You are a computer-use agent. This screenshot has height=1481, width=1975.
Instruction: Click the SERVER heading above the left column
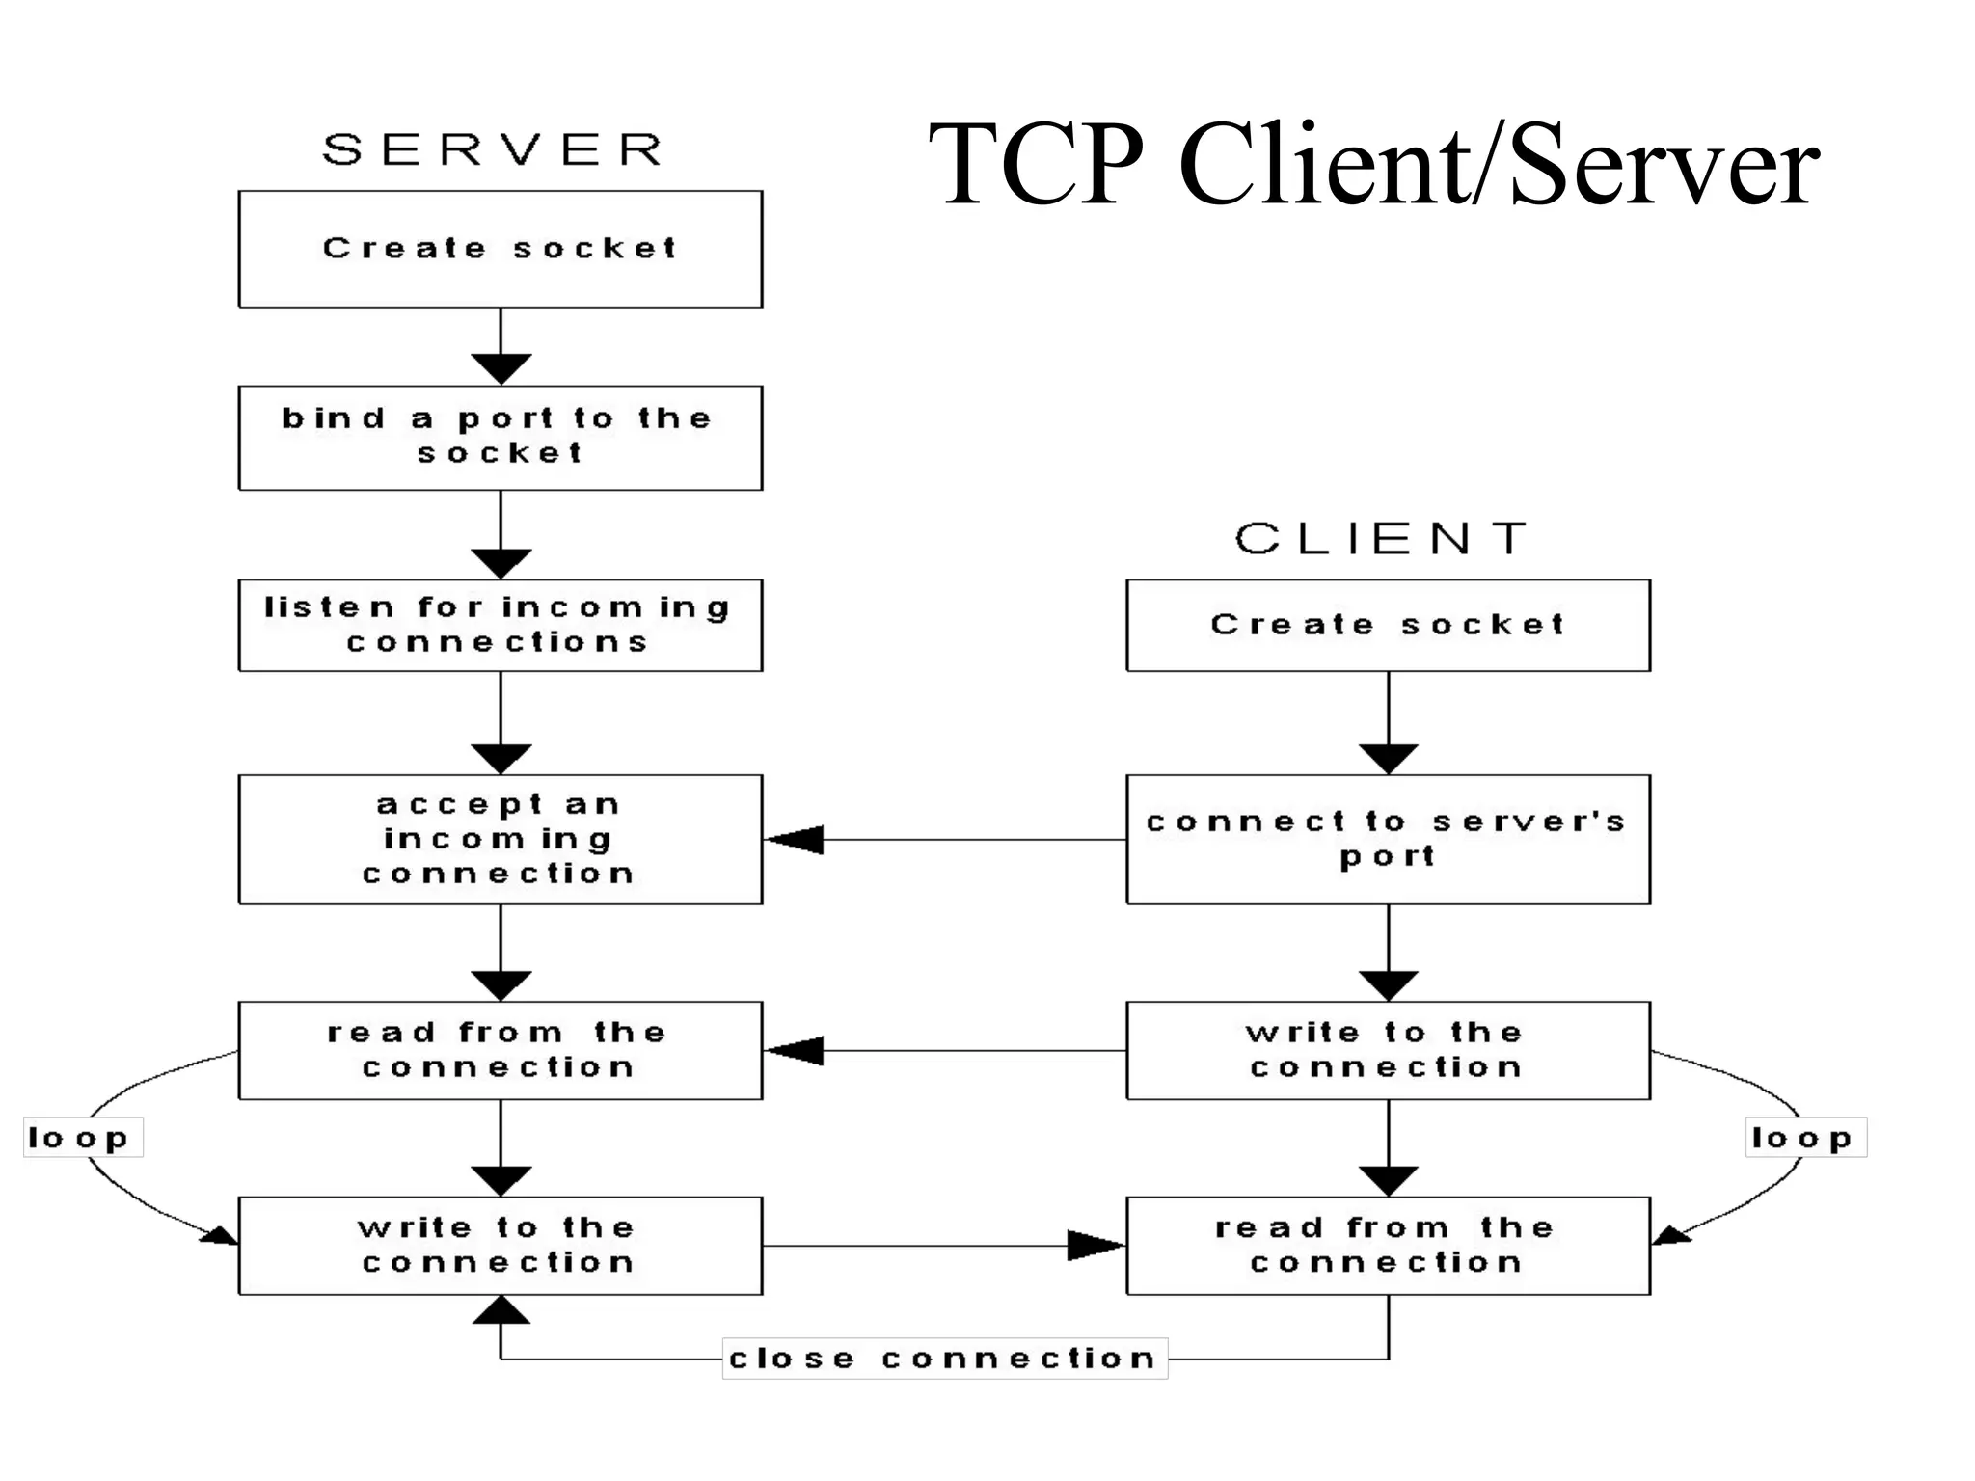[x=493, y=150]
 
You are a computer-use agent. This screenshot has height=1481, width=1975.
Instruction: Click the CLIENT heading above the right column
[x=1381, y=539]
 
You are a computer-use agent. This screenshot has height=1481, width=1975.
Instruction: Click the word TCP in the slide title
[x=1036, y=164]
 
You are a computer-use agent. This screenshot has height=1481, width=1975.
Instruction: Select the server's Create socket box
[x=500, y=249]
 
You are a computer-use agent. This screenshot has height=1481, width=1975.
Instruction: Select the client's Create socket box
[x=1388, y=625]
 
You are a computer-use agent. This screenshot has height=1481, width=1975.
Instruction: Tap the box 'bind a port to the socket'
[x=500, y=438]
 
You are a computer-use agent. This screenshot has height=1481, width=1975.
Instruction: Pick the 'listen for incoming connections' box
[x=500, y=625]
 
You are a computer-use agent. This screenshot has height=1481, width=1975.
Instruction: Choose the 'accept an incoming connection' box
[x=500, y=839]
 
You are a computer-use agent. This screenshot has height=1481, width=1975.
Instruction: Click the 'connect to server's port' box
[x=1388, y=839]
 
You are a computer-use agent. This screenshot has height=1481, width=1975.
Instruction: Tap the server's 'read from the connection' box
[x=500, y=1050]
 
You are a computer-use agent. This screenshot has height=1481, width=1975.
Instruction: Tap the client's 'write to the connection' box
[x=1388, y=1050]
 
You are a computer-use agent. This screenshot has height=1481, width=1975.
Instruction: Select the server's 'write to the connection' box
[x=500, y=1245]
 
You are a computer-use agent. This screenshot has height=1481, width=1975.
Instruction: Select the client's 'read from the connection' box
[x=1388, y=1245]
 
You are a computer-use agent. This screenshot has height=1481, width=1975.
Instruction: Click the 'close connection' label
[x=944, y=1359]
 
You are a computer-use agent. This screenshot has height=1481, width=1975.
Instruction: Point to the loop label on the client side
[x=1805, y=1138]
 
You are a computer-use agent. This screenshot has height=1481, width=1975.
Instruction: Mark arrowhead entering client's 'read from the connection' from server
[x=1096, y=1245]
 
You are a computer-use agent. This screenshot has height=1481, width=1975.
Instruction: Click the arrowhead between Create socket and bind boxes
[x=501, y=367]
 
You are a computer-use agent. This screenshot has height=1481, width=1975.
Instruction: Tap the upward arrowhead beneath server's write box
[x=501, y=1310]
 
